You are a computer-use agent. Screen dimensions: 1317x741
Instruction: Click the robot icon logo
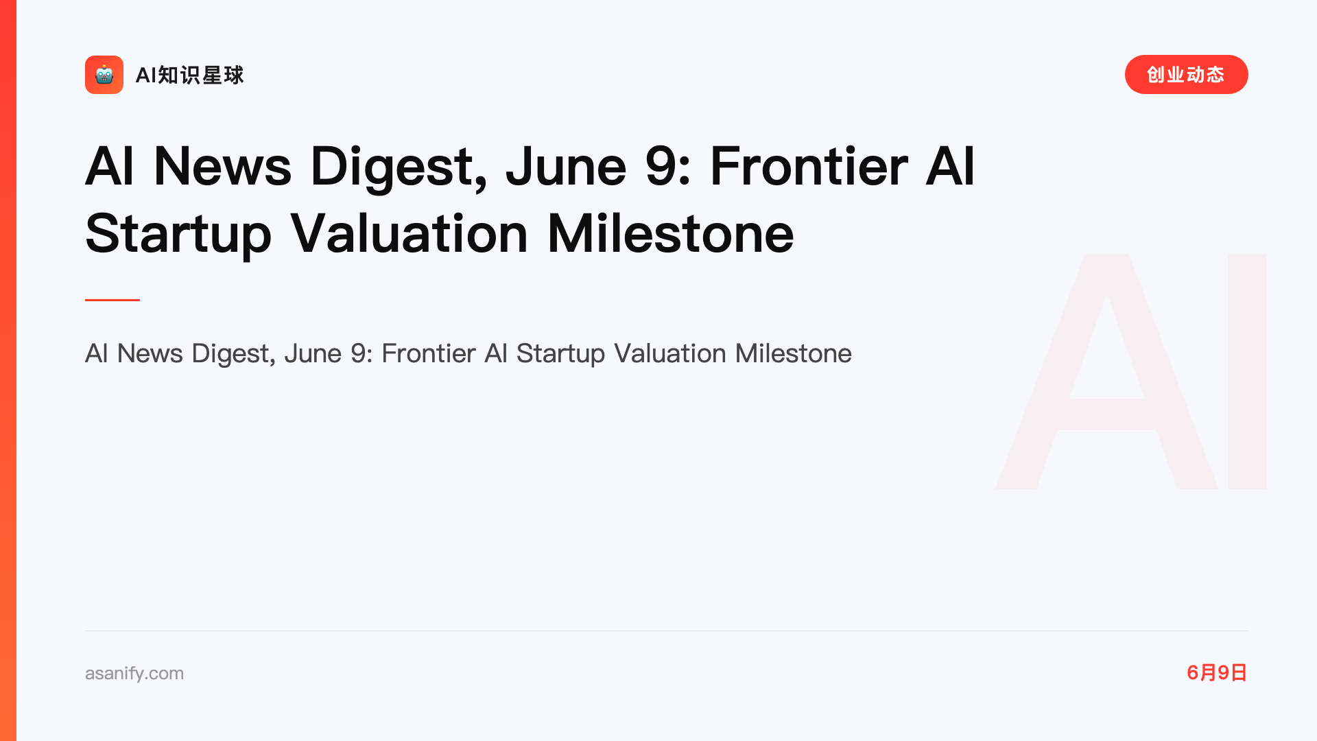104,75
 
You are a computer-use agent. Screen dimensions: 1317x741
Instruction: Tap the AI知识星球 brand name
190,75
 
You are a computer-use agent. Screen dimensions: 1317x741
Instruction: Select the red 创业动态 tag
1186,75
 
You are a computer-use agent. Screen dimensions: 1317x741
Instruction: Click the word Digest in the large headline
399,167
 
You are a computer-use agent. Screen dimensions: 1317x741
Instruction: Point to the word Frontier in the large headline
809,167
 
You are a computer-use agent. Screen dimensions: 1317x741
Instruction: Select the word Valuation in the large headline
409,234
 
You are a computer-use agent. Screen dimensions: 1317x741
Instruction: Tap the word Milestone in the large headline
670,234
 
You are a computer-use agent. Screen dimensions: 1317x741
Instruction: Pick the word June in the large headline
566,167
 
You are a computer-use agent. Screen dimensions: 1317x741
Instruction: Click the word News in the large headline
222,167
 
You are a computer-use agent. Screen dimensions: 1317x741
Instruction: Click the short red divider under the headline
112,300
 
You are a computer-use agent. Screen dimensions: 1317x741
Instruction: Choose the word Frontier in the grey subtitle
429,353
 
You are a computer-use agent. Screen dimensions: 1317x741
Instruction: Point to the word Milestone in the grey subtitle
793,353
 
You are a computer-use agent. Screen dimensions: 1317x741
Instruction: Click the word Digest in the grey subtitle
233,354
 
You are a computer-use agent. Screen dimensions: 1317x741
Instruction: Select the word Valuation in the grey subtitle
670,353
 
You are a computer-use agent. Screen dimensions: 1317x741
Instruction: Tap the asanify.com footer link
134,673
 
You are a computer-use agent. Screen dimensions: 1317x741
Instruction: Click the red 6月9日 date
1217,672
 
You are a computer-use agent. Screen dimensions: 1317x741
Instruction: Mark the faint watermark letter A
1106,371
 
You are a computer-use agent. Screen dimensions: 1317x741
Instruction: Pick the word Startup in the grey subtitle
560,354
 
